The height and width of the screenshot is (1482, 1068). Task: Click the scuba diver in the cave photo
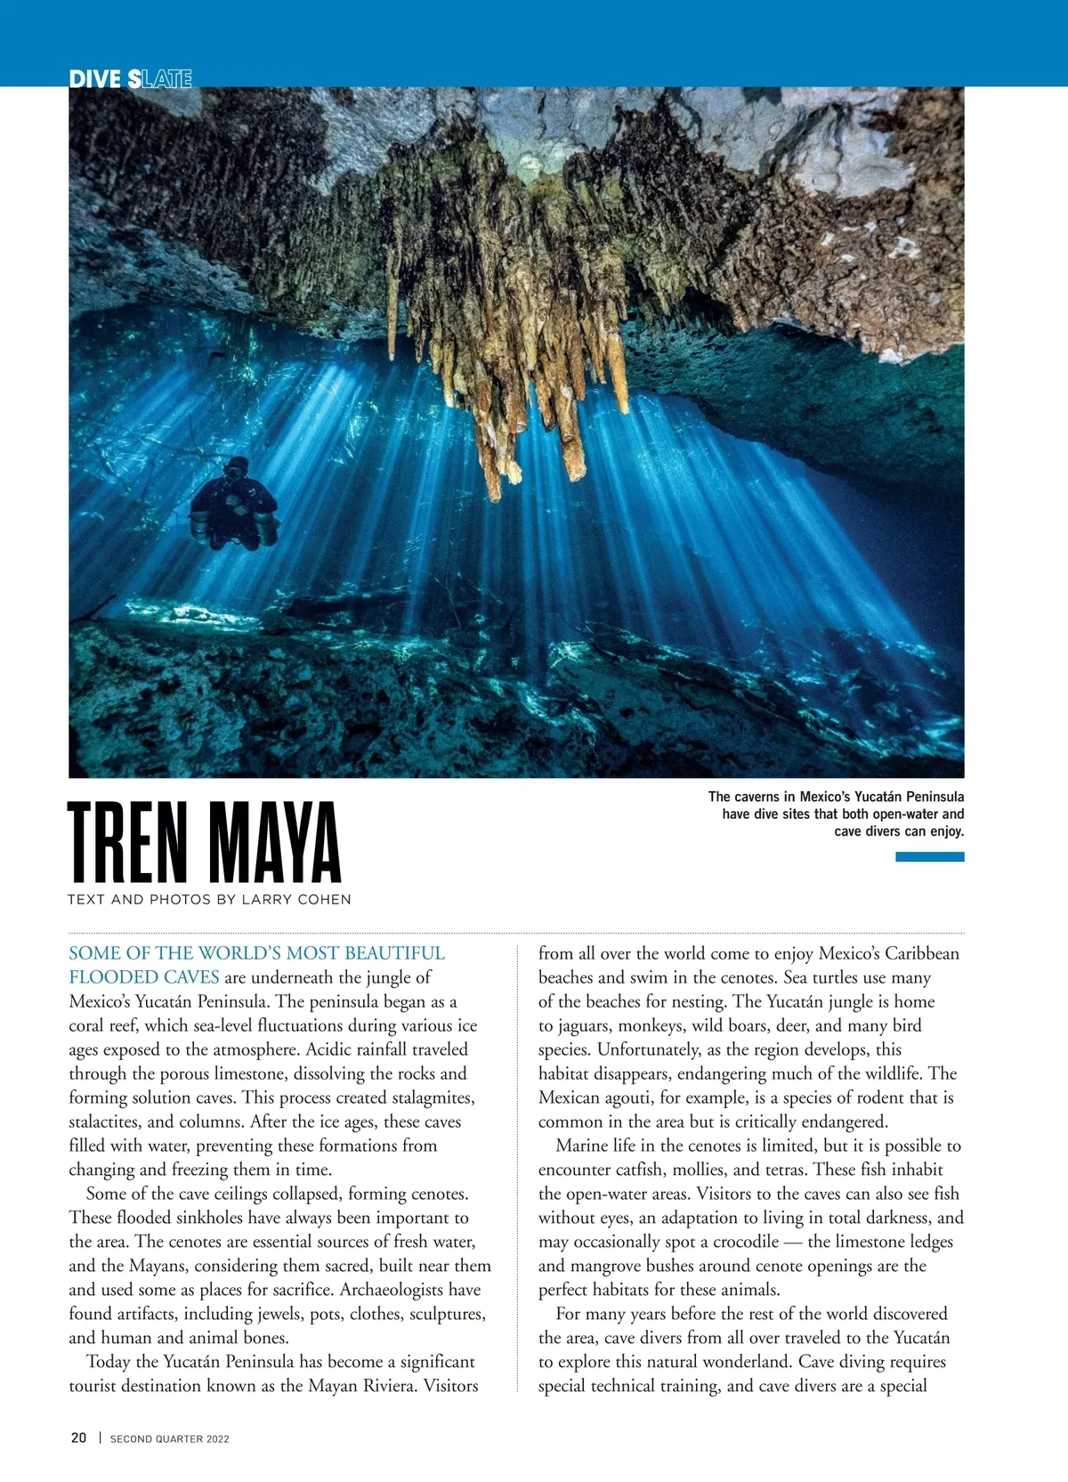[x=233, y=506]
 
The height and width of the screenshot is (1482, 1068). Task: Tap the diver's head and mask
[x=237, y=468]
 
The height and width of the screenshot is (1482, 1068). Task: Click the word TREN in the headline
[x=128, y=841]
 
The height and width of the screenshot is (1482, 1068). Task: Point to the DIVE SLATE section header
[x=131, y=78]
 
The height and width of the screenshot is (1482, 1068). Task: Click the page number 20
[x=79, y=1437]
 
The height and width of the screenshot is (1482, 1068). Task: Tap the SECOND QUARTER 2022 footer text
[x=170, y=1438]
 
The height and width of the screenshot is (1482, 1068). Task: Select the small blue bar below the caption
[x=929, y=857]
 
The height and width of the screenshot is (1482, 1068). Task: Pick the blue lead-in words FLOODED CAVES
[x=144, y=977]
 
